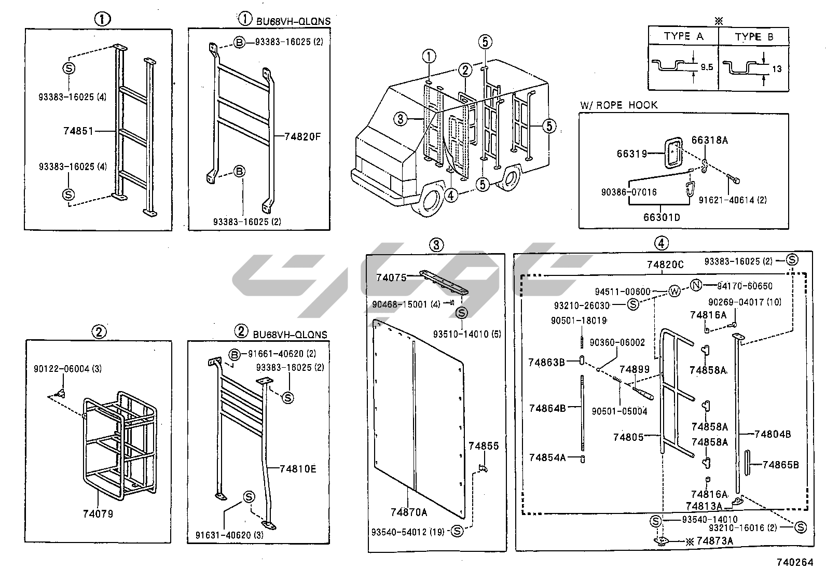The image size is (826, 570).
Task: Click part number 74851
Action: pos(78,131)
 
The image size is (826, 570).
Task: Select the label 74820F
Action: pos(303,137)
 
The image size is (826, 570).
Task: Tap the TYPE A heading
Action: pos(683,36)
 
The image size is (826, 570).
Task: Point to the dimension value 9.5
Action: pos(706,67)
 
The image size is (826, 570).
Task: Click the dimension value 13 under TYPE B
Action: pos(777,68)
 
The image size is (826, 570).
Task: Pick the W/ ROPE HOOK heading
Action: pos(619,105)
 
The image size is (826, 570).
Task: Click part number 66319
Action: pos(631,154)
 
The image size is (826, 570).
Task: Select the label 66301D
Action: pos(661,217)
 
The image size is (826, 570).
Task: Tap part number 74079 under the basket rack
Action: pos(98,514)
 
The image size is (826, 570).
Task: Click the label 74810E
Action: pos(297,469)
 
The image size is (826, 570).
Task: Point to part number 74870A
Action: pos(409,512)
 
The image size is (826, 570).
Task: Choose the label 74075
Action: pos(391,277)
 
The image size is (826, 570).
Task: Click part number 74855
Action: pos(484,446)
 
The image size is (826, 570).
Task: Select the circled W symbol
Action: pos(674,291)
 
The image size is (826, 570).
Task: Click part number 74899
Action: pos(635,369)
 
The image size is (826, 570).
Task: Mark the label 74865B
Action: pos(780,464)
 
